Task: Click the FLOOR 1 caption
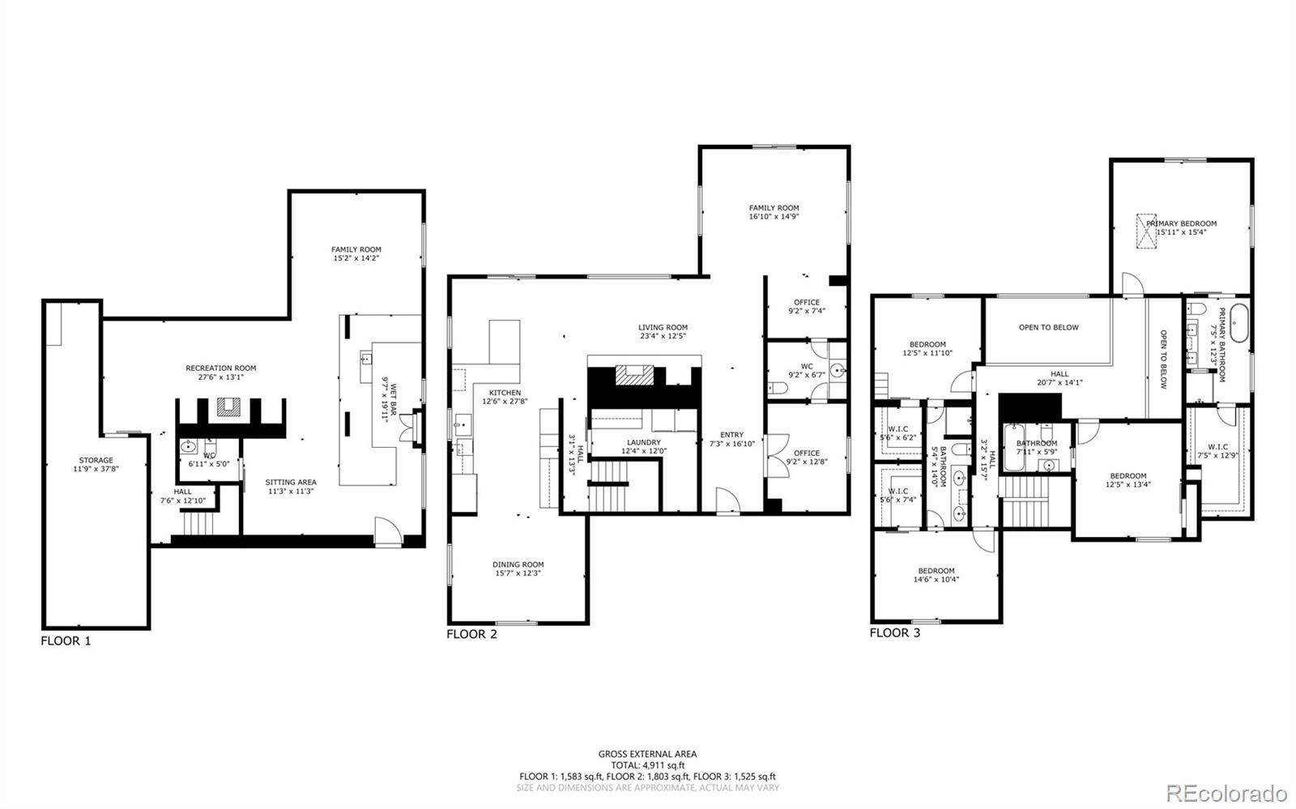[66, 641]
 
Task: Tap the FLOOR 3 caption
[894, 632]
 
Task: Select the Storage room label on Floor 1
[96, 460]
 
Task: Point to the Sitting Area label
[291, 482]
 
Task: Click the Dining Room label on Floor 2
[518, 564]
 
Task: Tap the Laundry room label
[643, 442]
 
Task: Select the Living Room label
[662, 327]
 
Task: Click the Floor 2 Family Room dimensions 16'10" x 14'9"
[774, 217]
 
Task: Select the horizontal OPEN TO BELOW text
[1048, 327]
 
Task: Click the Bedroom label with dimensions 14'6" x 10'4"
[936, 570]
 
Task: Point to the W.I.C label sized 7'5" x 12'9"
[1217, 446]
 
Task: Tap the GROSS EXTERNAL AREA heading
[647, 754]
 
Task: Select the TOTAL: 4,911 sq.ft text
[647, 764]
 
